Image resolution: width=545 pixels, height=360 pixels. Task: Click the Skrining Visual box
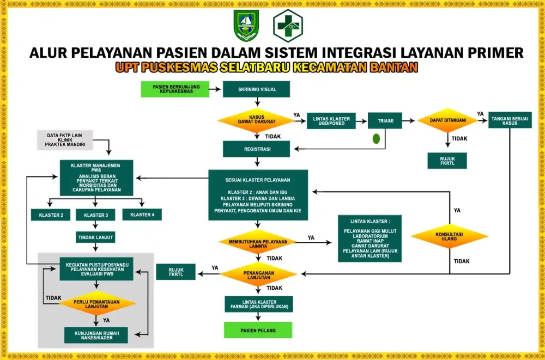pos(256,89)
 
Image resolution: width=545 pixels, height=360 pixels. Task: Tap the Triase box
pos(385,120)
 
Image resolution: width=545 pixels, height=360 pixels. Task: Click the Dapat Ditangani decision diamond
pos(447,120)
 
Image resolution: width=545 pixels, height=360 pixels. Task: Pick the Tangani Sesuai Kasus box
pos(510,120)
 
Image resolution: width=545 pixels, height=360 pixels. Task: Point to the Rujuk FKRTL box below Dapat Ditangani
pos(447,161)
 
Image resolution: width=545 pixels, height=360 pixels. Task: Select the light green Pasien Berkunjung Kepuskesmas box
pos(175,89)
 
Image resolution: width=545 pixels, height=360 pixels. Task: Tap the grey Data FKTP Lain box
pos(65,140)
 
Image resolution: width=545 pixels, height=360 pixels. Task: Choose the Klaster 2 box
pos(51,215)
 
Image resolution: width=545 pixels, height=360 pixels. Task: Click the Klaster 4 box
pos(142,215)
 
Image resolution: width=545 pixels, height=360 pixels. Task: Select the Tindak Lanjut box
pos(96,237)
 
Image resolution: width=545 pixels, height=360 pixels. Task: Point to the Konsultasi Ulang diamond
pos(449,236)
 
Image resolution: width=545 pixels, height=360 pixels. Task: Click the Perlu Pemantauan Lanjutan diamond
pos(97,303)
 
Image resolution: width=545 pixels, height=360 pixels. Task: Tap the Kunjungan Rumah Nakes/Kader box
pos(96,334)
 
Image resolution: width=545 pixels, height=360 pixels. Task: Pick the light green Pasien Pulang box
pos(258,330)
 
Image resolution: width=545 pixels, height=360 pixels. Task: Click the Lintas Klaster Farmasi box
pos(258,304)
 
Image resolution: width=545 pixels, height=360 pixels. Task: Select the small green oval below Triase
pos(376,139)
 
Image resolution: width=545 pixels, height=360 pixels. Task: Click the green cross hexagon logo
pos(288,26)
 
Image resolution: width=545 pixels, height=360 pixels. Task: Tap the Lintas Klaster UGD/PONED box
pos(331,120)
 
